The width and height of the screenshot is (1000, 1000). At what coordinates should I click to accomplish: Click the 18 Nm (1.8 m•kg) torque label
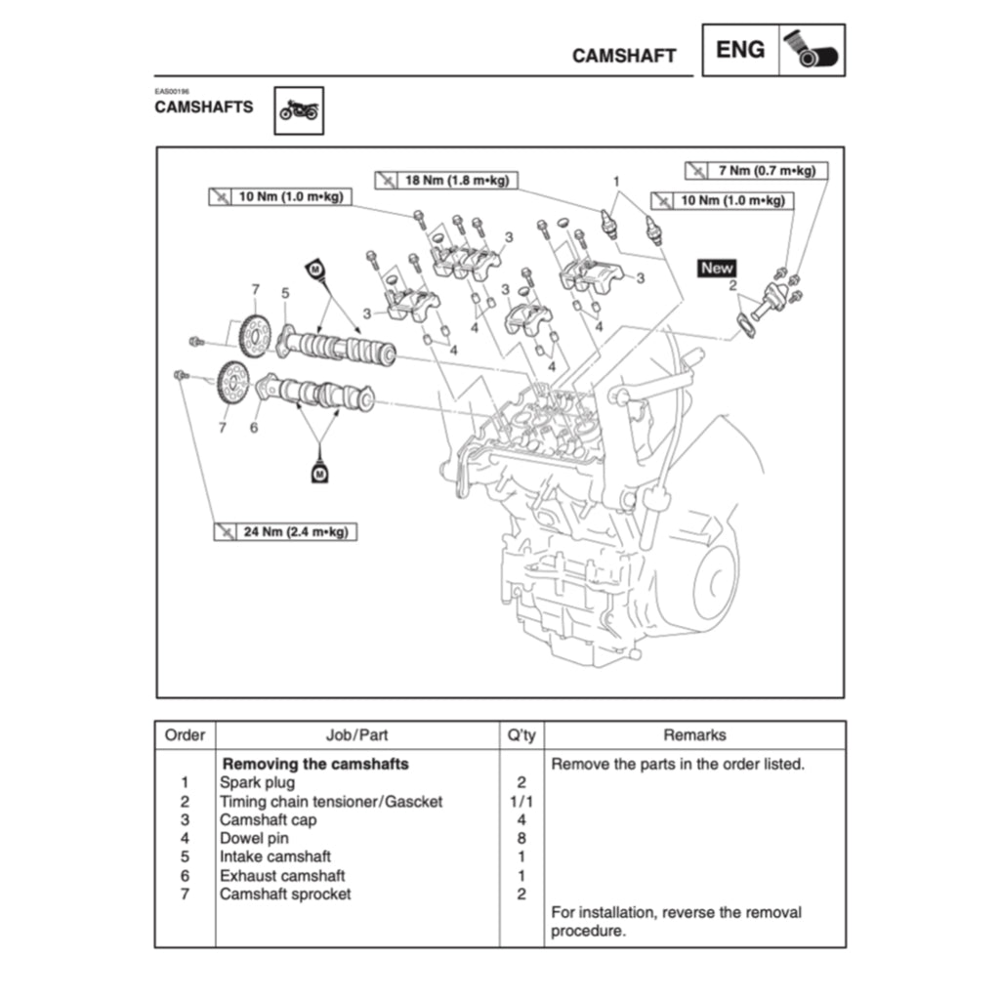(x=447, y=181)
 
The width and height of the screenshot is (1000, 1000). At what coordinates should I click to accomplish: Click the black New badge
(x=717, y=268)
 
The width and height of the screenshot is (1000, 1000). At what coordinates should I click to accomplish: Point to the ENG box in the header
(x=740, y=50)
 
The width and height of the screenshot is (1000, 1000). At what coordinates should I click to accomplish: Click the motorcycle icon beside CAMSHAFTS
(x=299, y=111)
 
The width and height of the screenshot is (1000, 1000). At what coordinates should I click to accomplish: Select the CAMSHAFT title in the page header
(x=624, y=56)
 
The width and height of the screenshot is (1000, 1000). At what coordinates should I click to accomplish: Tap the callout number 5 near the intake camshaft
(x=285, y=292)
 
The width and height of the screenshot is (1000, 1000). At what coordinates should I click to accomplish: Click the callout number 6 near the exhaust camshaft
(x=254, y=428)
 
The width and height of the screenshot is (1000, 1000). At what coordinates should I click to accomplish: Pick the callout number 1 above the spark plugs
(x=616, y=182)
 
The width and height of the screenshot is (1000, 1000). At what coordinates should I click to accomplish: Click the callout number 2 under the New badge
(x=731, y=286)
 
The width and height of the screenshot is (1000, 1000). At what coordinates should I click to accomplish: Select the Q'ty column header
(x=521, y=735)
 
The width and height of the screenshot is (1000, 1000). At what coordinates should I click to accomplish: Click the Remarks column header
(x=694, y=735)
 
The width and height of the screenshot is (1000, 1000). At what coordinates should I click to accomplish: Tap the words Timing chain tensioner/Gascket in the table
(x=331, y=802)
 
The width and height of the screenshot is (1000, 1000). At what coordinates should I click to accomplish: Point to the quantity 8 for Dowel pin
(x=521, y=839)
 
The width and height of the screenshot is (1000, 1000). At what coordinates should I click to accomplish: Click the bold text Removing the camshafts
(x=315, y=764)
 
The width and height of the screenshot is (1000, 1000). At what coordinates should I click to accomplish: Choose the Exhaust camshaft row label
(x=282, y=876)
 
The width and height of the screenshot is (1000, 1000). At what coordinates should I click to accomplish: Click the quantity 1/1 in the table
(x=521, y=802)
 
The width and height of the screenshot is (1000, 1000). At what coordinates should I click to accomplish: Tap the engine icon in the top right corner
(x=812, y=51)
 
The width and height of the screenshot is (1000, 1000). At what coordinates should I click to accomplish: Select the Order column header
(x=185, y=735)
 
